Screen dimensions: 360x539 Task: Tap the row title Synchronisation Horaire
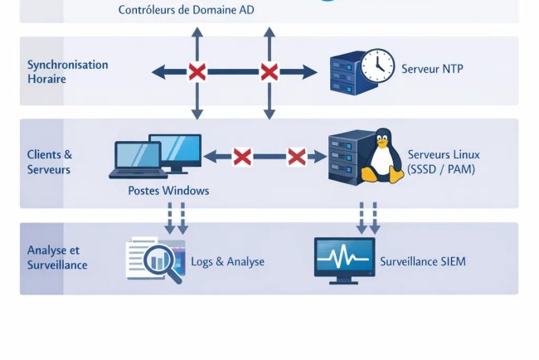(x=67, y=71)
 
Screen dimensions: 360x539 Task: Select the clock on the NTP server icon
(x=377, y=65)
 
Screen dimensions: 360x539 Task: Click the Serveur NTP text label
(x=432, y=69)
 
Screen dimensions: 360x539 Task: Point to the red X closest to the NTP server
(x=269, y=72)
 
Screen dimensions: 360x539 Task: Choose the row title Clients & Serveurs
(x=50, y=162)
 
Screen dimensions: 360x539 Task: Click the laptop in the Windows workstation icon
(x=138, y=160)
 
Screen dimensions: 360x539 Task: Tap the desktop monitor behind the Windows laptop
(x=177, y=151)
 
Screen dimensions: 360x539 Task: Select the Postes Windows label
(x=168, y=191)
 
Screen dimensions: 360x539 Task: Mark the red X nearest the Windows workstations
(x=241, y=156)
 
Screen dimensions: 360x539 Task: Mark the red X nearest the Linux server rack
(x=296, y=156)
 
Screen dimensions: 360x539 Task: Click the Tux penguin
(x=381, y=156)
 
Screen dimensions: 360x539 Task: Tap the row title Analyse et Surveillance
(x=57, y=258)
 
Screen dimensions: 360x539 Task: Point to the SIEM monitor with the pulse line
(x=344, y=259)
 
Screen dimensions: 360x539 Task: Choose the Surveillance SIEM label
(x=423, y=261)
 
